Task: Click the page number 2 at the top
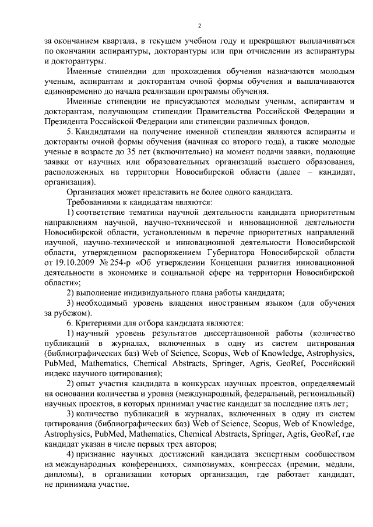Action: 199,26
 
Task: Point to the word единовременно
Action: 74,91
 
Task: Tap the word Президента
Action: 67,121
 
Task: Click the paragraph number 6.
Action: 69,323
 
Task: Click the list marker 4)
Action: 70,453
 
